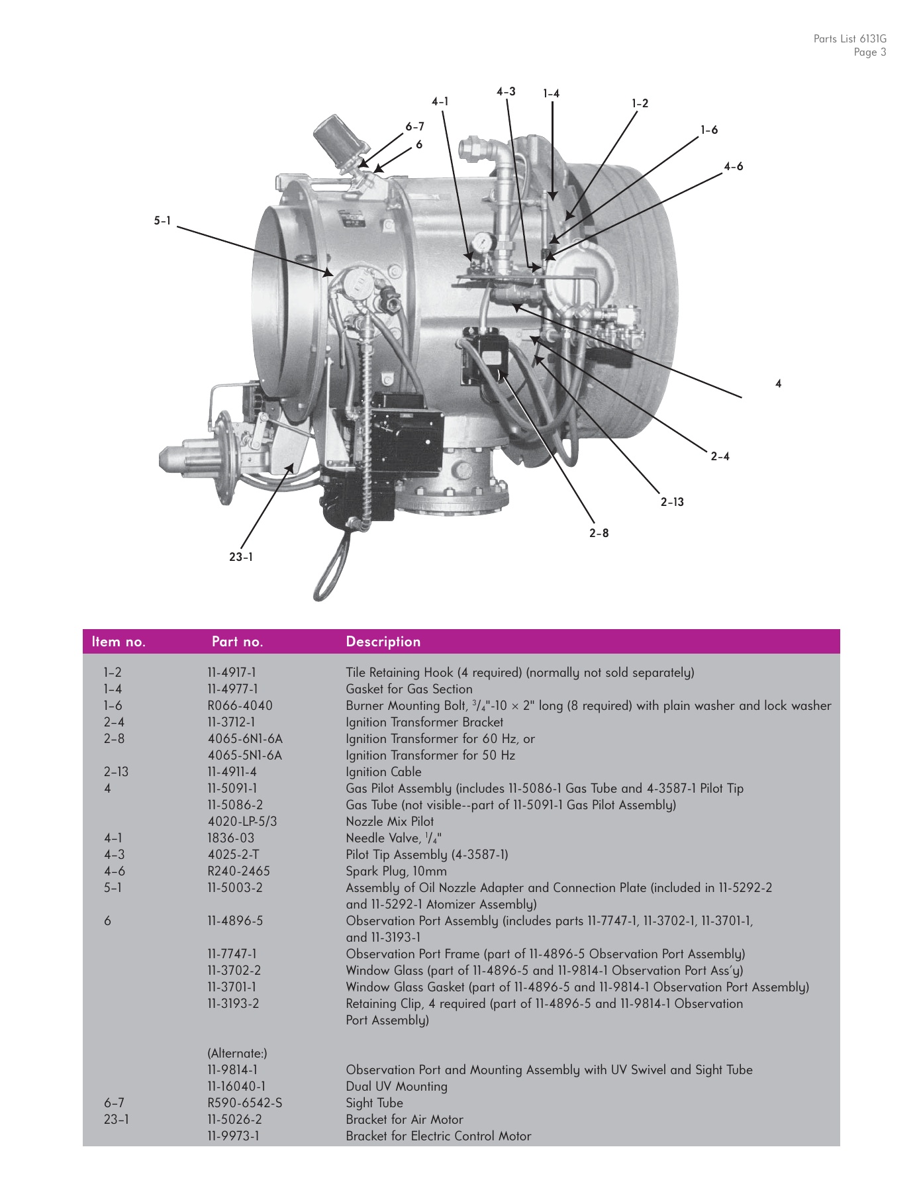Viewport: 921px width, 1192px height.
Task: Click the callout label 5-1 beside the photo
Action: point(162,221)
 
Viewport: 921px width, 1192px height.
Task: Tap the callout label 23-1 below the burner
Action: point(240,557)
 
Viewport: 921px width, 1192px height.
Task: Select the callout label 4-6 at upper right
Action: point(733,167)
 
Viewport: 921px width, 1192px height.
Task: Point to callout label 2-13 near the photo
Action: point(672,502)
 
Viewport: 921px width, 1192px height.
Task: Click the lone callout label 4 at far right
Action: point(778,383)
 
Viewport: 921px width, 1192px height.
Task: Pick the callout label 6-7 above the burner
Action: point(414,126)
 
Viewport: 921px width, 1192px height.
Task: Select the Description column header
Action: point(383,642)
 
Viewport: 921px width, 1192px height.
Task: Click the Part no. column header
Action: point(237,642)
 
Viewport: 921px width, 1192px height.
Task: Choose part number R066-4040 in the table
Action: point(240,705)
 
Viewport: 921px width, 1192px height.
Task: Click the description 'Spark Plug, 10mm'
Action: point(396,871)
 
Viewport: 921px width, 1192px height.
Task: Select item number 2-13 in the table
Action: point(116,771)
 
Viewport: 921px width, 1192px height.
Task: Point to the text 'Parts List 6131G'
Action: point(849,39)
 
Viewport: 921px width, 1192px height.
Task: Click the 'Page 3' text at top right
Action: point(869,53)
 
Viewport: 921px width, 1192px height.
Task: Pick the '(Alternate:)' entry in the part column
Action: point(237,1053)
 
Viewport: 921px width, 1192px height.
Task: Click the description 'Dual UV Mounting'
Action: point(396,1086)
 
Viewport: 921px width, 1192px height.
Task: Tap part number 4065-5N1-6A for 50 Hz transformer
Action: point(244,755)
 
